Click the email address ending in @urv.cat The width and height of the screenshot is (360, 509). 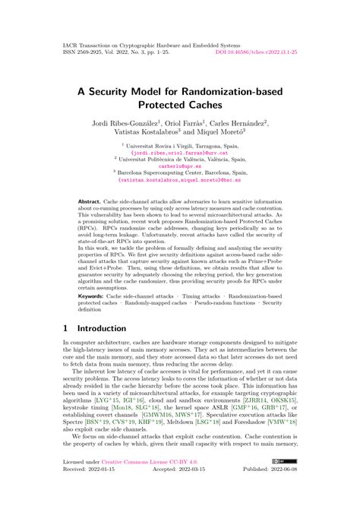pos(179,152)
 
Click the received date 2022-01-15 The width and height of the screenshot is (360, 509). pos(108,490)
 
